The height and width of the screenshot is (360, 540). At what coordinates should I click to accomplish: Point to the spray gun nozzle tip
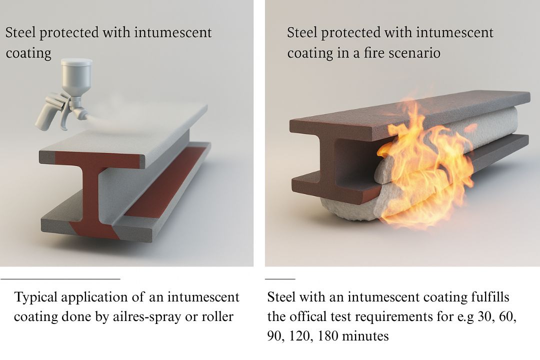(x=85, y=116)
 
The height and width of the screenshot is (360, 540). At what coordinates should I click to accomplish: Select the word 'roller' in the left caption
(x=217, y=316)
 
